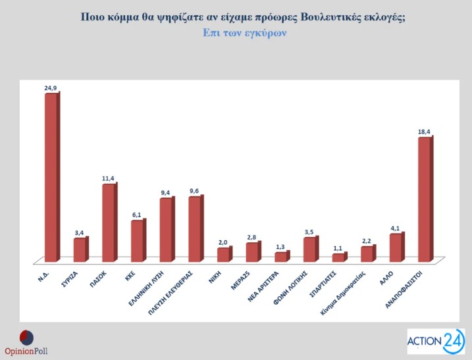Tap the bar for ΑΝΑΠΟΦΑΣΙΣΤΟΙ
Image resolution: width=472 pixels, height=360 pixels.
425,198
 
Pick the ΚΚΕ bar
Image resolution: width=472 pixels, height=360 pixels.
137,240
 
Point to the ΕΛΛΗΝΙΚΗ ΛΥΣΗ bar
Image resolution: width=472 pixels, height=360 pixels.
166,229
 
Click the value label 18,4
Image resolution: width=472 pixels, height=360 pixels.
425,132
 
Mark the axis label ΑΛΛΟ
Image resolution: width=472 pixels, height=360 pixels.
391,276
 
